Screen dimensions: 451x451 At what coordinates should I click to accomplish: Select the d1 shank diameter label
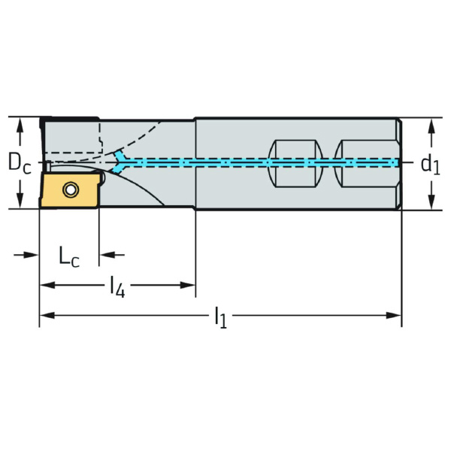[x=429, y=164]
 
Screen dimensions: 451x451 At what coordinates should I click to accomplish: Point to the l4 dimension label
[x=117, y=286]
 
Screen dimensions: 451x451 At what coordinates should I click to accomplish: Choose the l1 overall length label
[x=219, y=317]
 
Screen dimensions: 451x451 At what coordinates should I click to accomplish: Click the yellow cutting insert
[x=69, y=190]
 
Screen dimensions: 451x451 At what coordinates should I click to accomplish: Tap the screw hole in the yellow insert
[x=71, y=190]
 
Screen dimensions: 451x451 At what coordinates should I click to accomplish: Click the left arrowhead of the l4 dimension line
[x=44, y=285]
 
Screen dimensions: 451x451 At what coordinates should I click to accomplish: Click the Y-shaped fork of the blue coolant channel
[x=121, y=161]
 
